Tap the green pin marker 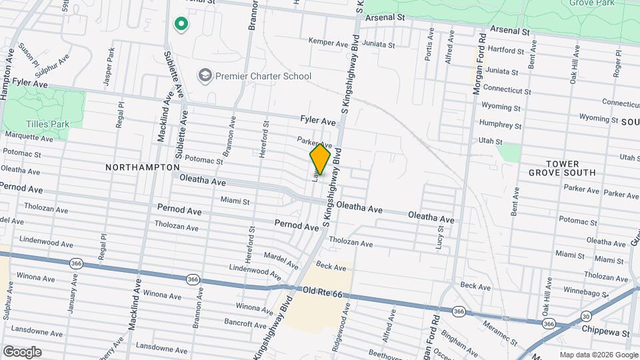click(x=180, y=25)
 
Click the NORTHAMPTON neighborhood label click(x=142, y=167)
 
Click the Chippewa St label click(x=607, y=332)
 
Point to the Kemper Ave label click(x=328, y=41)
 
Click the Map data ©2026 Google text click(x=598, y=355)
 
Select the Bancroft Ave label click(x=245, y=323)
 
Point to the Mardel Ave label click(x=279, y=255)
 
